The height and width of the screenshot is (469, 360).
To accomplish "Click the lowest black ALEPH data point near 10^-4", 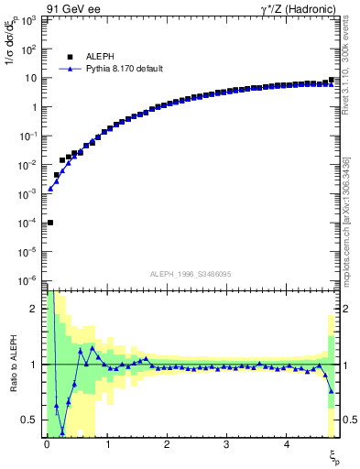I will [x=49, y=223].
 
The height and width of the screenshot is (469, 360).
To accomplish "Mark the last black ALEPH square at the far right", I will [x=331, y=81].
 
